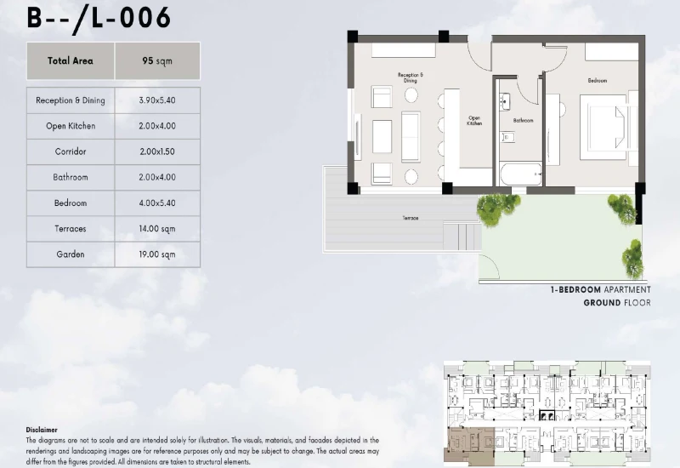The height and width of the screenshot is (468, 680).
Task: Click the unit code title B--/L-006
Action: click(99, 17)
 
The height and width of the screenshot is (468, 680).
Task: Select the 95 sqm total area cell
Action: click(157, 61)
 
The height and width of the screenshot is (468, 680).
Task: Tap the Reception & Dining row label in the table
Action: click(71, 100)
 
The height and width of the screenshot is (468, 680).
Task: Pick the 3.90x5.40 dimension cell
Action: click(157, 100)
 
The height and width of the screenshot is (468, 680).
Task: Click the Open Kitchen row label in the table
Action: click(71, 126)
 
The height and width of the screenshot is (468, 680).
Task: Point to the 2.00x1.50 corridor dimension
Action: click(157, 151)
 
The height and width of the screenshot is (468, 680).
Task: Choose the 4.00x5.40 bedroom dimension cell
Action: click(157, 203)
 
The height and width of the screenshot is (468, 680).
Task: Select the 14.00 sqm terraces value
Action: click(157, 229)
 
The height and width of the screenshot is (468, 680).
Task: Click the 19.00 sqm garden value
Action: click(157, 254)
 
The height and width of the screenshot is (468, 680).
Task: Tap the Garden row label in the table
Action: click(71, 254)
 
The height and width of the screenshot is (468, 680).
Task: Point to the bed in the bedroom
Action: click(607, 125)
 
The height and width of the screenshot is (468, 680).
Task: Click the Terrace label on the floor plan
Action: click(411, 219)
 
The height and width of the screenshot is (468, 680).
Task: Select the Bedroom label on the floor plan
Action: click(597, 81)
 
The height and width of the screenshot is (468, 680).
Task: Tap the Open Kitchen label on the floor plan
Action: click(474, 121)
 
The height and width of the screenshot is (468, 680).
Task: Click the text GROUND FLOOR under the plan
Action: click(616, 303)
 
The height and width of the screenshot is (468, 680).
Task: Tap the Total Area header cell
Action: click(71, 61)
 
